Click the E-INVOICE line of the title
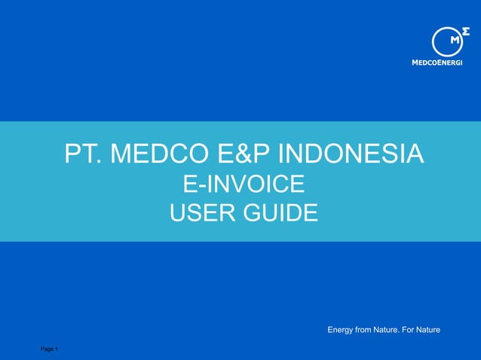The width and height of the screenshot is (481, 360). [x=244, y=184]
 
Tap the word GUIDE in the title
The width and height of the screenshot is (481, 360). [x=280, y=213]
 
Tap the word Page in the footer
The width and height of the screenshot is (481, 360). [x=47, y=349]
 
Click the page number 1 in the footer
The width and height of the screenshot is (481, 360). [x=57, y=349]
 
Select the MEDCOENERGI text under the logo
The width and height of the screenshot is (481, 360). [x=437, y=63]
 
